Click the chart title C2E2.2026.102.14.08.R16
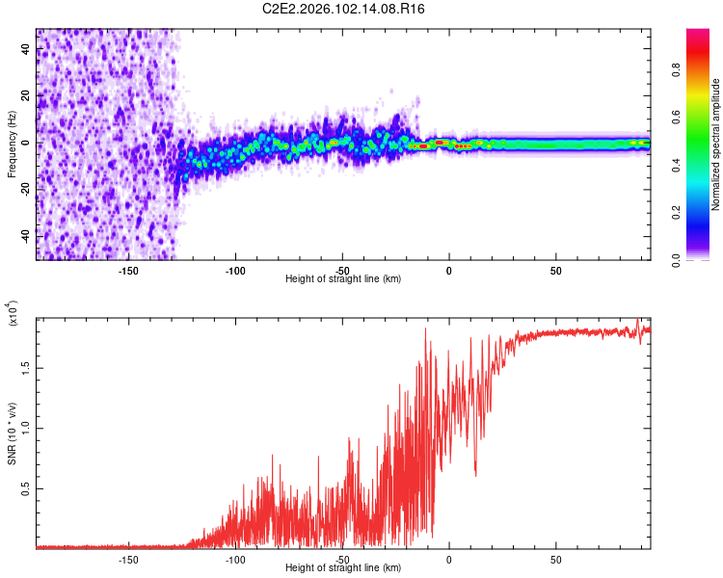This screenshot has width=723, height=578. tap(344, 9)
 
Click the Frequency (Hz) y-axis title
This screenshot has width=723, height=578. tap(12, 144)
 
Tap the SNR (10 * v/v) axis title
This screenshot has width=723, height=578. tap(12, 433)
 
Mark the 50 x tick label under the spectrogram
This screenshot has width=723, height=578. tap(555, 271)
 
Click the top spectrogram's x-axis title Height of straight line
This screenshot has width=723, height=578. tap(344, 279)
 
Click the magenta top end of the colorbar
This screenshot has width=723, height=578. tap(698, 34)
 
